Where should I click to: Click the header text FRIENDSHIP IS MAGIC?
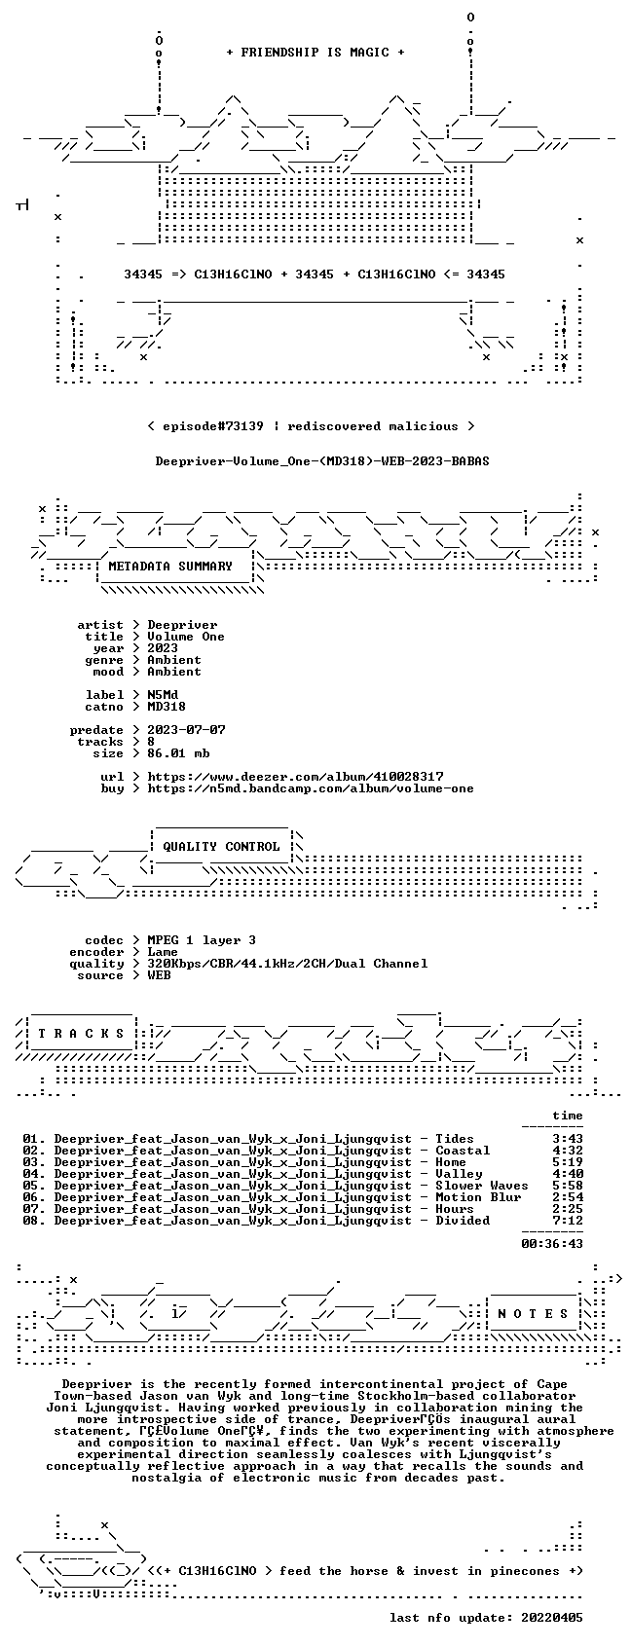tap(315, 53)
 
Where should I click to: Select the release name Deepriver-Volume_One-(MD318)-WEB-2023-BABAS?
tap(322, 461)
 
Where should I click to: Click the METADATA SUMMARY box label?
tap(169, 567)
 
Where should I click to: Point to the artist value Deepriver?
tap(182, 625)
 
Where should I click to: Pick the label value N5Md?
tap(163, 695)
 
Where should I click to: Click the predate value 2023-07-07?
tap(186, 730)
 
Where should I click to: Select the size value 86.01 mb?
tap(178, 753)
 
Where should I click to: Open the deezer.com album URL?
tap(295, 777)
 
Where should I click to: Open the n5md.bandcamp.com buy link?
tap(311, 788)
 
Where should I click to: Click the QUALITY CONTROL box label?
tap(221, 846)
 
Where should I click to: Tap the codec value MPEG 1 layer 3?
tap(202, 940)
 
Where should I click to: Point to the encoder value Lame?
tap(163, 952)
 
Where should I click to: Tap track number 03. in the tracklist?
tap(33, 1162)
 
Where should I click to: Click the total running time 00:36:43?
tap(552, 1244)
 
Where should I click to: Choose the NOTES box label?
tap(534, 1314)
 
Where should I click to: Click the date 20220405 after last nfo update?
tap(552, 1618)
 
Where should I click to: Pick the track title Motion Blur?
tap(478, 1197)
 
